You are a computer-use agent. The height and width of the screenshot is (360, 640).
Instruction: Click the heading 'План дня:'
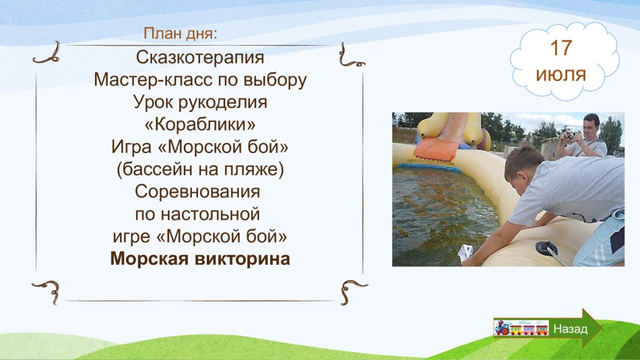pos(180,34)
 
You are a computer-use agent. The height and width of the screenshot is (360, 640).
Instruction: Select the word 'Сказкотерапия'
pos(200,57)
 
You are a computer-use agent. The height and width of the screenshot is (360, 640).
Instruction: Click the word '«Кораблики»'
pos(200,124)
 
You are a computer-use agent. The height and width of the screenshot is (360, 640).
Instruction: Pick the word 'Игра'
pos(131,147)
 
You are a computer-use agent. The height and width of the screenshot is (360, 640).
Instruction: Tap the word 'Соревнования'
pos(197,191)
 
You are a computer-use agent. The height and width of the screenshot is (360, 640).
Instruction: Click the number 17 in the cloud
pos(561,48)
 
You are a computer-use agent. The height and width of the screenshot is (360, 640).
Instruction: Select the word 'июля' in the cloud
pos(561,75)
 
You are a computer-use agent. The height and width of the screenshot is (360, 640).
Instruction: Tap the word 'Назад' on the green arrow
pos(570,329)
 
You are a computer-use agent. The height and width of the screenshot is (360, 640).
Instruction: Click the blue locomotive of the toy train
pos(502,327)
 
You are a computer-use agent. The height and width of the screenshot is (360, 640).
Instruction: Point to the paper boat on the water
pos(465,252)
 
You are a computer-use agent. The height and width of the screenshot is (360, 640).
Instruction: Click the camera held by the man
pos(570,135)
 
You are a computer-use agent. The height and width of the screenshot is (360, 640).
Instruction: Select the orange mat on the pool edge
pos(436,149)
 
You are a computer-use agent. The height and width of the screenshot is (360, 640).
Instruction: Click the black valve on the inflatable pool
pos(546,247)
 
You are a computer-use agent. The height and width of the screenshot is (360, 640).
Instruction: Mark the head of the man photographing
pos(591,126)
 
